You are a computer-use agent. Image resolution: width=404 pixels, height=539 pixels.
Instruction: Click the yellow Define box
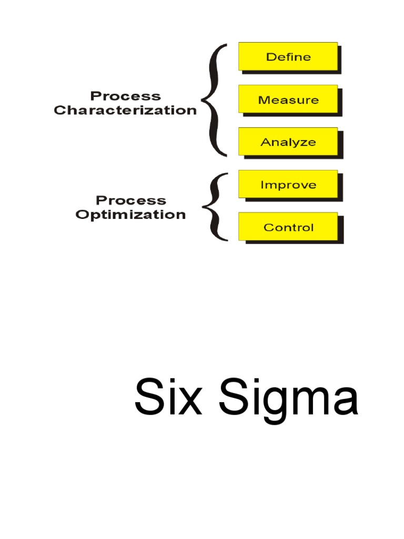[288, 56]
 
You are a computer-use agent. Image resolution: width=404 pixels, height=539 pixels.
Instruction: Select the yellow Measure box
[288, 99]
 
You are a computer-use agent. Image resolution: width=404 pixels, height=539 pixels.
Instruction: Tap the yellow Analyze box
[288, 142]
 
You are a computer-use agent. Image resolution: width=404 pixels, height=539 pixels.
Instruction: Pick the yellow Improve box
[288, 184]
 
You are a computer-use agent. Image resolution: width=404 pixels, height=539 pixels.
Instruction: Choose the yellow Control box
[288, 227]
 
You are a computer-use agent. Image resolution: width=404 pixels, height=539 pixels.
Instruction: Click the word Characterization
[125, 111]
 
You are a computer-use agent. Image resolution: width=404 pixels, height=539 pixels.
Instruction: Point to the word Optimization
[130, 215]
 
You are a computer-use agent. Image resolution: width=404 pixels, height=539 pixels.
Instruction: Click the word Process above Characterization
[125, 96]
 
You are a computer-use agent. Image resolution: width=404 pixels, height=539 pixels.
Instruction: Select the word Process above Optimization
[130, 201]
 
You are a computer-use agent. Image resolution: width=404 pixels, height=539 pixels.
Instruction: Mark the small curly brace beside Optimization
[216, 206]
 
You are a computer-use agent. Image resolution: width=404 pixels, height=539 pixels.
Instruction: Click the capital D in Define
[270, 57]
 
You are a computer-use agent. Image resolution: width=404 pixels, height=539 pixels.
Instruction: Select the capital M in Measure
[262, 99]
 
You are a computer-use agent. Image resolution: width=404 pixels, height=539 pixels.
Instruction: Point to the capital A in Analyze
[265, 142]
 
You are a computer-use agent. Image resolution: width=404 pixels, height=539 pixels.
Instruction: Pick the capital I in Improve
[262, 185]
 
